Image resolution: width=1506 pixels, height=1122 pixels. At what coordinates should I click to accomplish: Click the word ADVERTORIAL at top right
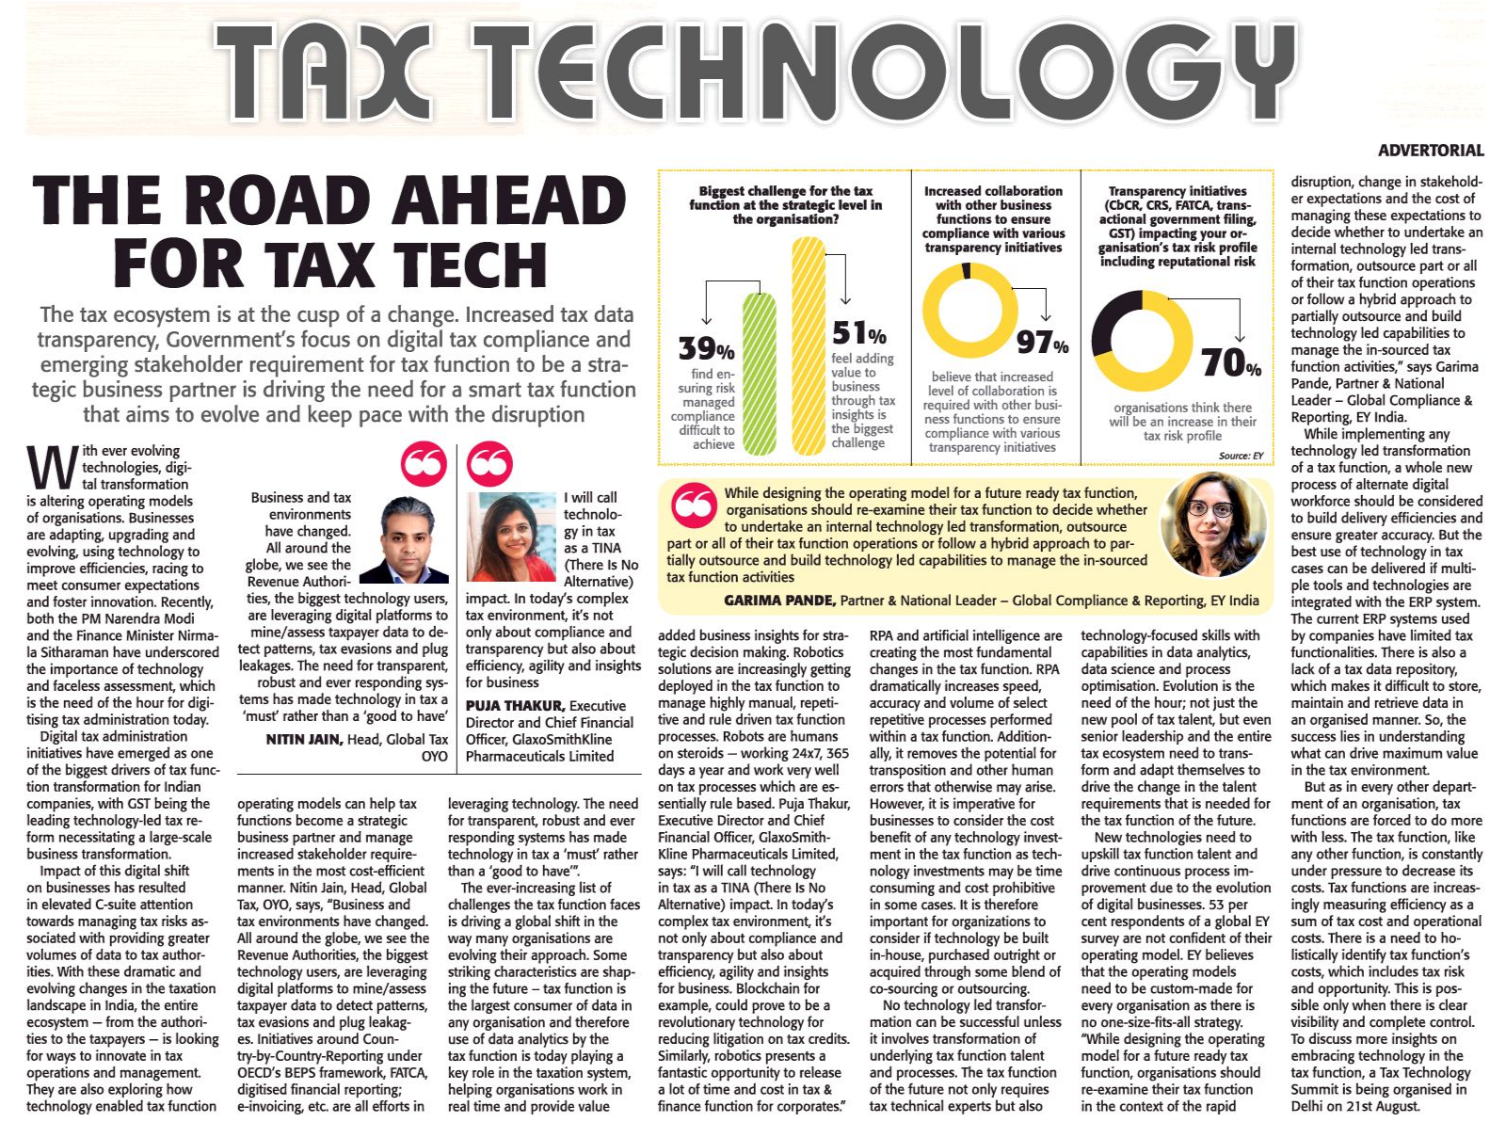coord(1430,151)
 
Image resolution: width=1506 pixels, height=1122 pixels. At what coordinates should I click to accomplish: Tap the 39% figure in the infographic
coord(706,349)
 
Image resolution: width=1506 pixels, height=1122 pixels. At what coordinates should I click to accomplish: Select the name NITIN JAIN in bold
coord(304,740)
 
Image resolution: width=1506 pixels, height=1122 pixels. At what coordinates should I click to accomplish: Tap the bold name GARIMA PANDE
coord(778,601)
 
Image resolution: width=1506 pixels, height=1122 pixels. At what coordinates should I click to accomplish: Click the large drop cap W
coord(52,468)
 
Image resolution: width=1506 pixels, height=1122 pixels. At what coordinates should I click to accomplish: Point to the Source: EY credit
coord(1240,456)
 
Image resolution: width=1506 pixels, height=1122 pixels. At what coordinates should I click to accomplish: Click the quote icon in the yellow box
coord(695,505)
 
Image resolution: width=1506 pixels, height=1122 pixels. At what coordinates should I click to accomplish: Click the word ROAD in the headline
coord(282,201)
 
